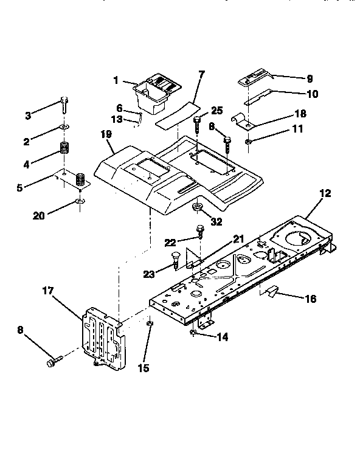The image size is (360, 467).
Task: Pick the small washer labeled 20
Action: (79, 201)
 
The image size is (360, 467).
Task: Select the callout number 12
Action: (325, 193)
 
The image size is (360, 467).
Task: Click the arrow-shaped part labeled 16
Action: (271, 292)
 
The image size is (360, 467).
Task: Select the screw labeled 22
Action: (200, 232)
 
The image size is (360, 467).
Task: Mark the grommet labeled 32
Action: (198, 208)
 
